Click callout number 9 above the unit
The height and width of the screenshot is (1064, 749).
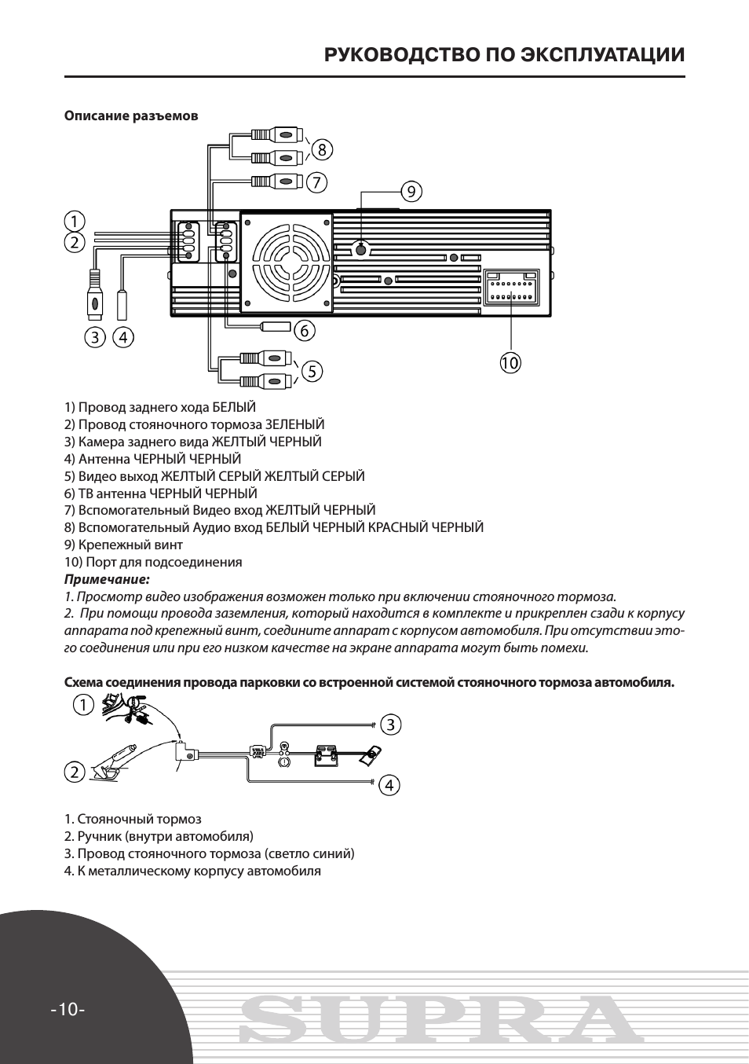tap(411, 192)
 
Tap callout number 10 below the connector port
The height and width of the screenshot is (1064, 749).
tap(510, 363)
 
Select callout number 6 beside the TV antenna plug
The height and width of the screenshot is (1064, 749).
tap(305, 329)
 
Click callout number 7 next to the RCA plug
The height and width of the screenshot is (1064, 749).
tap(316, 182)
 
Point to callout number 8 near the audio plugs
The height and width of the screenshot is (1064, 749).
tap(322, 149)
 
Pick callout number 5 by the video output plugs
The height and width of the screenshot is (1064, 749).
tap(312, 370)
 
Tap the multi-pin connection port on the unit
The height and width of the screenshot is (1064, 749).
tap(512, 288)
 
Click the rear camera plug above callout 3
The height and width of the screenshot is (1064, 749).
tap(95, 295)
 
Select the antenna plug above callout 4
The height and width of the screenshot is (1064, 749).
tap(122, 306)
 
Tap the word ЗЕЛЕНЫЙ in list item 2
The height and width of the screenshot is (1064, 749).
tap(294, 424)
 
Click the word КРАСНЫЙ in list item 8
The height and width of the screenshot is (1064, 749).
tap(398, 527)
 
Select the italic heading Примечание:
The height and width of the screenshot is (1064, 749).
tap(108, 579)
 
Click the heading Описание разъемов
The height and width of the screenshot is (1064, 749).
tap(131, 116)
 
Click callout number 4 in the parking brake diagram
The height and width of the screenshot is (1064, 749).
tap(389, 785)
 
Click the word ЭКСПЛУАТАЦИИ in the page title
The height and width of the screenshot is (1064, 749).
tap(602, 55)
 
